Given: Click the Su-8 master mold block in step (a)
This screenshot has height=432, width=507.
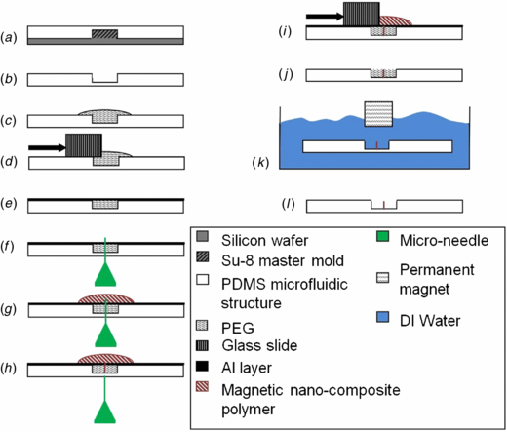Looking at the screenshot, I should point(105,34).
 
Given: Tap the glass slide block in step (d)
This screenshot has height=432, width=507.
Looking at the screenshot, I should point(82,144).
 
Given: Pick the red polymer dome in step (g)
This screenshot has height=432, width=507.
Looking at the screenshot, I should point(105,297).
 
